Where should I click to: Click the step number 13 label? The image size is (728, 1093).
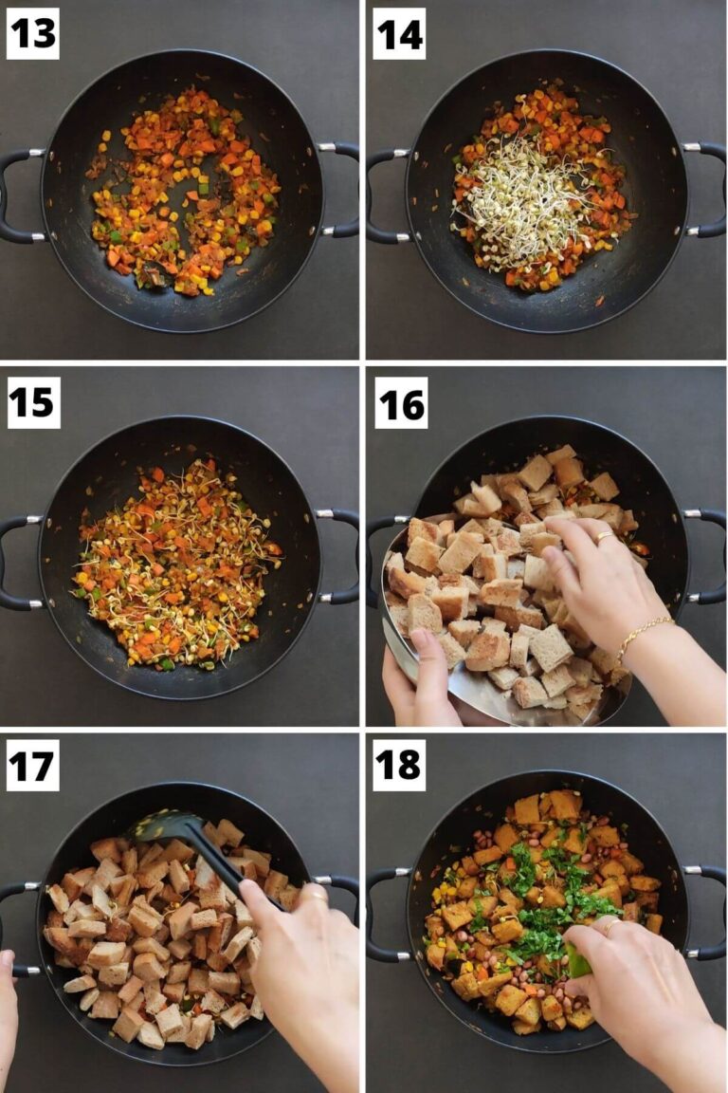[x=33, y=33]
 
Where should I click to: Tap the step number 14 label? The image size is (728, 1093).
[x=399, y=33]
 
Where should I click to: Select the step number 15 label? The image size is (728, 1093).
[x=33, y=402]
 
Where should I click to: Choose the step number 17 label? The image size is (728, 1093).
[x=32, y=766]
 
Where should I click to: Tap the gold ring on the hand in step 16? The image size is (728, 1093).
[x=603, y=537]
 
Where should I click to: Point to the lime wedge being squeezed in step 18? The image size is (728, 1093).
[x=579, y=959]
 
